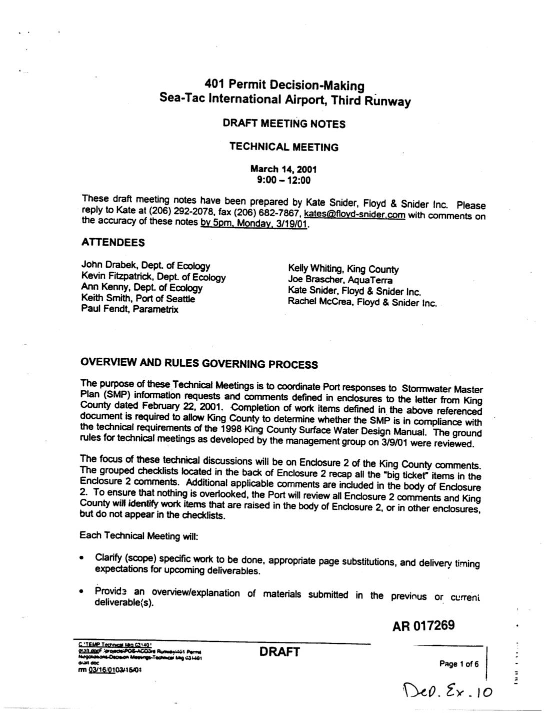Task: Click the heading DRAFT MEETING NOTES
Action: pyautogui.click(x=284, y=124)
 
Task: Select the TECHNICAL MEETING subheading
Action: pyautogui.click(x=283, y=147)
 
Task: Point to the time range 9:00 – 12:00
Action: pyautogui.click(x=283, y=180)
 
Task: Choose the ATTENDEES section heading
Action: pyautogui.click(x=113, y=243)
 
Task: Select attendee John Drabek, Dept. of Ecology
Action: pyautogui.click(x=145, y=266)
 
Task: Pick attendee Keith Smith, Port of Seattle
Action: pyautogui.click(x=138, y=299)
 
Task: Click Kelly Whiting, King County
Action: pyautogui.click(x=343, y=269)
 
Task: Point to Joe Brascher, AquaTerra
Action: pyautogui.click(x=340, y=280)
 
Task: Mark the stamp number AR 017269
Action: pyautogui.click(x=423, y=625)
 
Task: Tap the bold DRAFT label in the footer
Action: pyautogui.click(x=279, y=651)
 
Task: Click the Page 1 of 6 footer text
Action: pyautogui.click(x=458, y=664)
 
